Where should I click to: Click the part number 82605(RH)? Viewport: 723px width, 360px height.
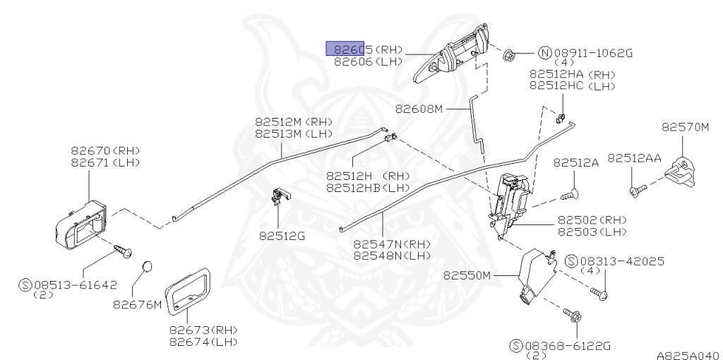[x=368, y=49]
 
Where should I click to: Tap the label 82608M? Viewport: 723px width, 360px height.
[x=419, y=109]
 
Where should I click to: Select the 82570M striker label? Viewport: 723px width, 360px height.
[x=685, y=127]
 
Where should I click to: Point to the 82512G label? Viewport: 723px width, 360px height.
[x=282, y=236]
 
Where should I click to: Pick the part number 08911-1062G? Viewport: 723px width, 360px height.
[x=593, y=52]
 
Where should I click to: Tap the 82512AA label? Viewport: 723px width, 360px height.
[x=634, y=159]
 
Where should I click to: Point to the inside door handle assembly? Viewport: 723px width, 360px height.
[x=80, y=224]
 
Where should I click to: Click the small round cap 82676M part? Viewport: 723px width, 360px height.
[x=146, y=266]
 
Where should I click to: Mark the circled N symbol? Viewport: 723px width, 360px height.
[x=545, y=52]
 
